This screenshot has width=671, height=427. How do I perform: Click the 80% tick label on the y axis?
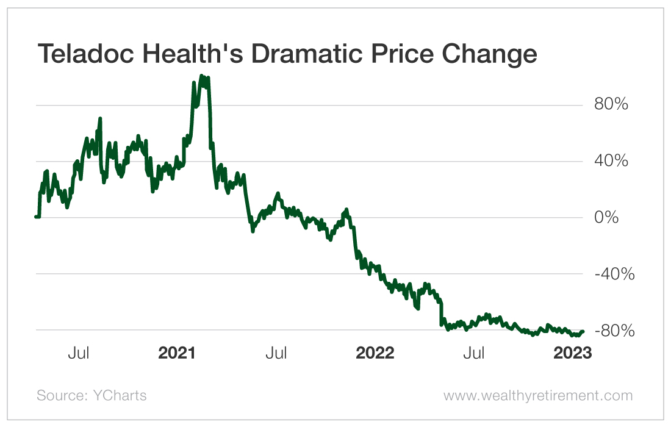[611, 105]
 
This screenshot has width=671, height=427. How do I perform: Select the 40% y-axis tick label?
[611, 162]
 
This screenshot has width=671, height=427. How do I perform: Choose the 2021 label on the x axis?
[177, 353]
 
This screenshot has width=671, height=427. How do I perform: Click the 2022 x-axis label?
[375, 353]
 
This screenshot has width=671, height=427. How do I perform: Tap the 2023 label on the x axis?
[572, 353]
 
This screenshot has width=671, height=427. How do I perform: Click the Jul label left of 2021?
[79, 353]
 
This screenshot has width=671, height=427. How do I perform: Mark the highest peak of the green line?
[202, 76]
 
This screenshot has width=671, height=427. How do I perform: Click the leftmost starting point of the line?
[36, 217]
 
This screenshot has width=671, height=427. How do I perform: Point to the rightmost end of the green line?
[583, 331]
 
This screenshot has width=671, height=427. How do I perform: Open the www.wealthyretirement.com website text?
[537, 395]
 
